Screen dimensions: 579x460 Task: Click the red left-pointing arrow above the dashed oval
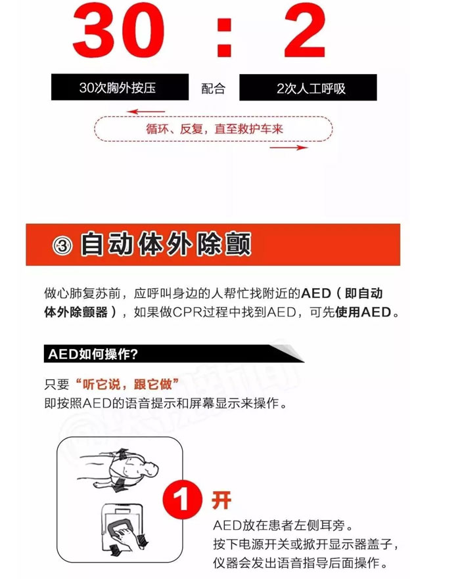[146, 112]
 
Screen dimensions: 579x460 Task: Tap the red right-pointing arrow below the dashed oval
[289, 148]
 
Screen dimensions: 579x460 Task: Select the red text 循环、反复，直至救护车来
[214, 129]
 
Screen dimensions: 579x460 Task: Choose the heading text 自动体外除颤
[166, 245]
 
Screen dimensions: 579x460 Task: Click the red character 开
[221, 500]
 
